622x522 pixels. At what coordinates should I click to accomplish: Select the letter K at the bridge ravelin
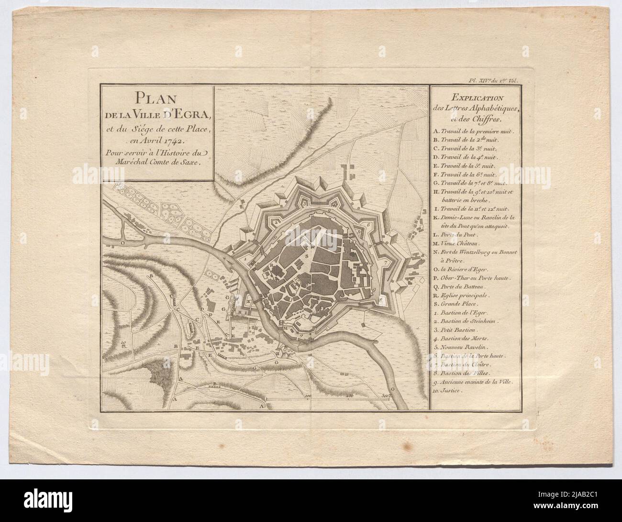coord(249,301)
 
